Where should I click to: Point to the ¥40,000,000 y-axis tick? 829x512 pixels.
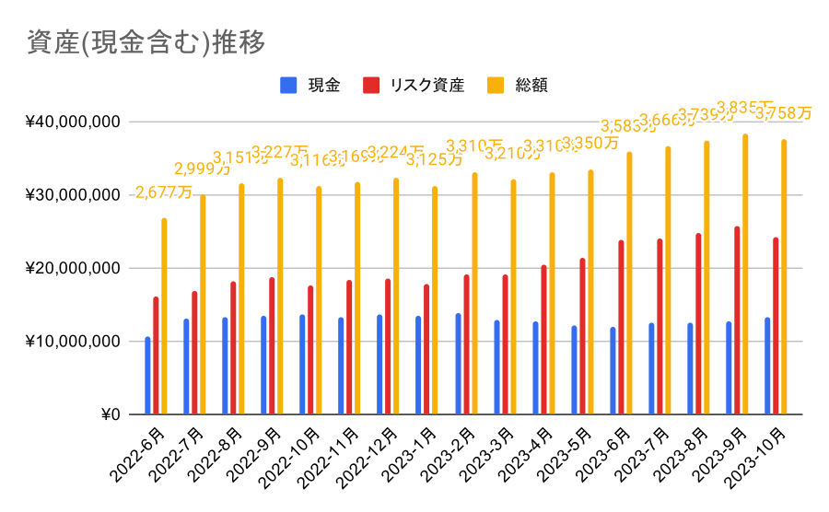coord(74,122)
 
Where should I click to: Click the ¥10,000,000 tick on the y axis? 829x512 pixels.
coord(74,342)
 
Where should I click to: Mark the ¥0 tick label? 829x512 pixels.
coord(111,414)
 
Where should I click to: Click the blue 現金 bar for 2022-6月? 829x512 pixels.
coord(147,376)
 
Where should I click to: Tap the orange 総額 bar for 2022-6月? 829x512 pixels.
coord(165,316)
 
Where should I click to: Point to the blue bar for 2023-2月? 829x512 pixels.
coord(458,364)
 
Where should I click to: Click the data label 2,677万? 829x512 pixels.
coord(165,192)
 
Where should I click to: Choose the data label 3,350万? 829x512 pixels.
coord(590,144)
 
